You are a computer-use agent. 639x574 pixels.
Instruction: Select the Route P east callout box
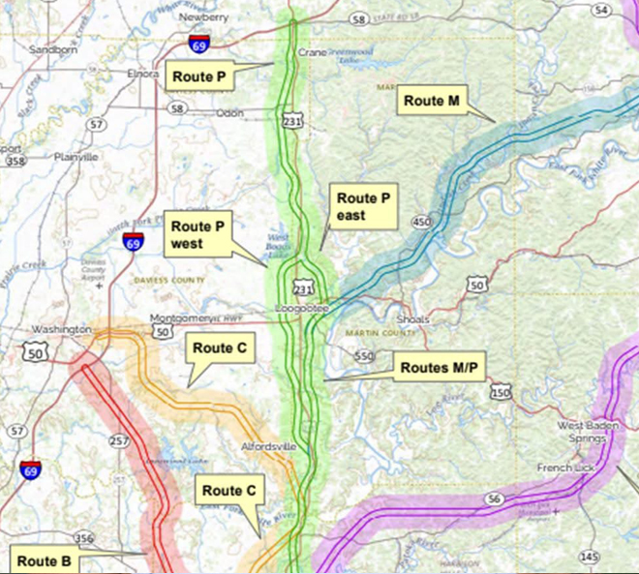point(363,206)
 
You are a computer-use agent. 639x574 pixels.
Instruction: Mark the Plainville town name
point(76,157)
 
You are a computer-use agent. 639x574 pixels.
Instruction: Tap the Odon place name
point(230,113)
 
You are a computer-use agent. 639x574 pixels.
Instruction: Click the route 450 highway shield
point(423,223)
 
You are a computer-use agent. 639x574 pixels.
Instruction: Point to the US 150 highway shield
point(501,391)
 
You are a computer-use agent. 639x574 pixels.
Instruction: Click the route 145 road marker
point(590,557)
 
